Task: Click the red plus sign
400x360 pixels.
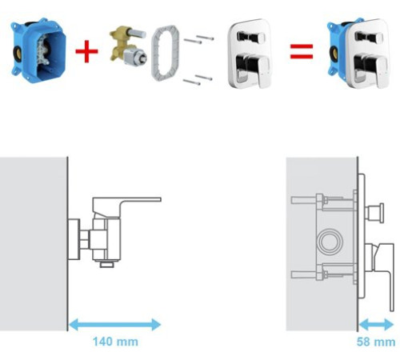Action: click(x=86, y=51)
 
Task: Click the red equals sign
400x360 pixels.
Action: click(x=302, y=51)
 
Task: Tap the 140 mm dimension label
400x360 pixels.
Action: click(x=115, y=342)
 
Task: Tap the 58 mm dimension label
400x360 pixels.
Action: click(x=376, y=342)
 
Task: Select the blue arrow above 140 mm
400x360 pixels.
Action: click(x=114, y=325)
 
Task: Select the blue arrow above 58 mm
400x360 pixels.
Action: click(x=376, y=325)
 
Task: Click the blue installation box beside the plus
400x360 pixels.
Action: click(x=38, y=50)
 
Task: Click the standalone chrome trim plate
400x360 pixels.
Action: click(x=250, y=54)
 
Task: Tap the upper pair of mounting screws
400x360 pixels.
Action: click(x=198, y=40)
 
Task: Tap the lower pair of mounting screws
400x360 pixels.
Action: click(x=198, y=80)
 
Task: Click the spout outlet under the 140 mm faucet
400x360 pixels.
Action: click(x=107, y=264)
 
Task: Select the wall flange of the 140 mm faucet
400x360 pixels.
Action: click(x=74, y=239)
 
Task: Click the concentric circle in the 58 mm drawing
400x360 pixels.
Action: click(x=329, y=242)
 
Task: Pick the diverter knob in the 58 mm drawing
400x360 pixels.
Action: click(x=375, y=214)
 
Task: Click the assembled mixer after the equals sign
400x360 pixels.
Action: click(x=358, y=53)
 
